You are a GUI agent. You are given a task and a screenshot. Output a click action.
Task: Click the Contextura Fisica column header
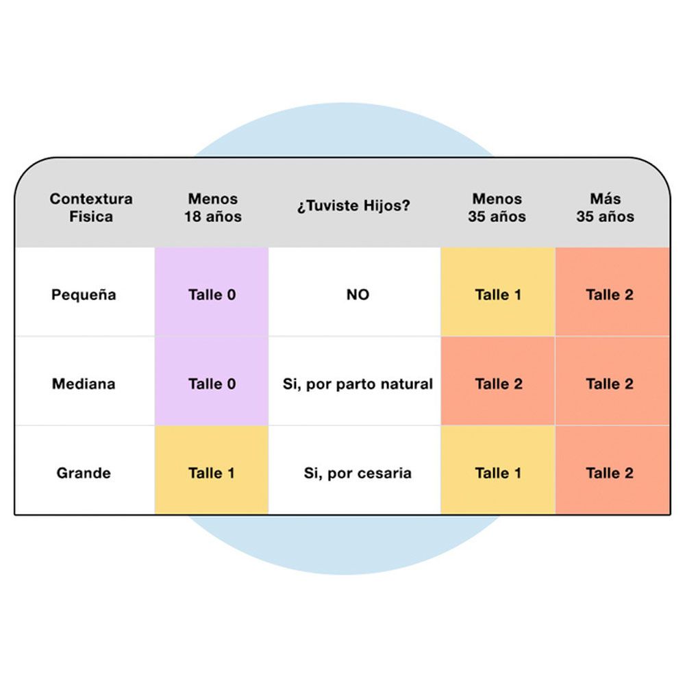[x=91, y=208]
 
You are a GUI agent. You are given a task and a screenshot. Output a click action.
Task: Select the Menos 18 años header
[x=213, y=208]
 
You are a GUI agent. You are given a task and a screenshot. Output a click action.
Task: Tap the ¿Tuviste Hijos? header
[x=354, y=206]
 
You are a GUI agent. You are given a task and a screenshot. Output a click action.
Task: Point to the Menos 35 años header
[x=497, y=208]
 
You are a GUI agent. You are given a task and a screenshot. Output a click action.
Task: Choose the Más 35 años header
[x=606, y=208]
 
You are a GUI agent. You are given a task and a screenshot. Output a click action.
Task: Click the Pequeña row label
[x=84, y=295]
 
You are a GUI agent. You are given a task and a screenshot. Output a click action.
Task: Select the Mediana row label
[x=84, y=384]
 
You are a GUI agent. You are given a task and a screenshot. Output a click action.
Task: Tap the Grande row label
[x=84, y=473]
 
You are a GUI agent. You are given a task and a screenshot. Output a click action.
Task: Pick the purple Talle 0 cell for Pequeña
[x=212, y=292]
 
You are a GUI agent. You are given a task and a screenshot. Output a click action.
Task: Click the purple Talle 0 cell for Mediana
[x=212, y=381]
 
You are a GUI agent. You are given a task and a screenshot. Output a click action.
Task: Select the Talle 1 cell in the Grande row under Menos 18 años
[x=212, y=470]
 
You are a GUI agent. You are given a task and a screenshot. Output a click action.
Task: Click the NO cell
[x=358, y=295]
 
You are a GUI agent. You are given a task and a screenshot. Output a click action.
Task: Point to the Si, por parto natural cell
[x=358, y=384]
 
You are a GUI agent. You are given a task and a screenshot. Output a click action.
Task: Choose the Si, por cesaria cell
[x=358, y=473]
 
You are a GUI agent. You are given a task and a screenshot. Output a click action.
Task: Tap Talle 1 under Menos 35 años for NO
[x=498, y=292]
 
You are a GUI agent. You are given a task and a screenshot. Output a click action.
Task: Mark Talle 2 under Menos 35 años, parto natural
[x=498, y=381]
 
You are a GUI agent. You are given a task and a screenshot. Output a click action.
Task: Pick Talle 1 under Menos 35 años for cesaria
[x=498, y=470]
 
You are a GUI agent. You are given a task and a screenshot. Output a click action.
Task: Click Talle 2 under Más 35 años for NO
[x=612, y=292]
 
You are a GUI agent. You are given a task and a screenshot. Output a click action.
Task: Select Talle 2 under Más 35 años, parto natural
[x=612, y=381]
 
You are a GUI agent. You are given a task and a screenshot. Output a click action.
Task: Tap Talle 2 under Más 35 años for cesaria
[x=612, y=470]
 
